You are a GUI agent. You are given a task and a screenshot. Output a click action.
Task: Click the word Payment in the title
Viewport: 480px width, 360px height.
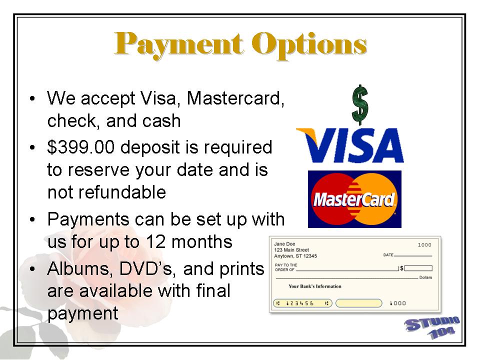tap(179, 44)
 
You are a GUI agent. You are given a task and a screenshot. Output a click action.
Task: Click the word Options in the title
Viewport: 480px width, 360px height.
tap(309, 44)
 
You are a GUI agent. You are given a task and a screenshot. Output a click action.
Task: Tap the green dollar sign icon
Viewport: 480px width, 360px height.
tap(360, 104)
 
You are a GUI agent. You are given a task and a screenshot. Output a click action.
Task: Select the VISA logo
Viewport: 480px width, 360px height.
tap(350, 145)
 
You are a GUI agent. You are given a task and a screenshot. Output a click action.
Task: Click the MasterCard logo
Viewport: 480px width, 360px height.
tap(354, 199)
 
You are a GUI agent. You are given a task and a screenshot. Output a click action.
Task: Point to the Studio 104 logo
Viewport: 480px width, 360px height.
tap(432, 327)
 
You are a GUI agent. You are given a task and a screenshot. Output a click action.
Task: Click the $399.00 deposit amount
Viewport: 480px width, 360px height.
tap(81, 147)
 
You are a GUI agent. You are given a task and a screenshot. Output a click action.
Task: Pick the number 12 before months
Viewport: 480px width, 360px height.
tap(155, 241)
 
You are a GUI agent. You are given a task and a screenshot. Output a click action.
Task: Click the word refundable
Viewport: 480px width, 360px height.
tap(122, 192)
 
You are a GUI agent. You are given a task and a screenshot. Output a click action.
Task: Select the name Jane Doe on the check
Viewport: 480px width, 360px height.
tap(284, 244)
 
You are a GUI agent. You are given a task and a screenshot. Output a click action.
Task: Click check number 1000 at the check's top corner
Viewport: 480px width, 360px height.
tap(424, 245)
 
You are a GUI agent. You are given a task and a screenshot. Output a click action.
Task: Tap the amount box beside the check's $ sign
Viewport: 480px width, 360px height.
tap(418, 268)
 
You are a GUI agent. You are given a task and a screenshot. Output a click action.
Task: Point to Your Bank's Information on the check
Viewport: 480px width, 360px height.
tap(314, 286)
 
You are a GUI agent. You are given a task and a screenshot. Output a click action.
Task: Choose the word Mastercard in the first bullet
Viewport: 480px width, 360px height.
tap(235, 98)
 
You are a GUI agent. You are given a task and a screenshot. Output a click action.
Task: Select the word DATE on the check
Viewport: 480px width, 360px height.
tap(388, 254)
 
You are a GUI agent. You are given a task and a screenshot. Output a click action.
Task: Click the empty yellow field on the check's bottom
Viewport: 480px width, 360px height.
tap(359, 303)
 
